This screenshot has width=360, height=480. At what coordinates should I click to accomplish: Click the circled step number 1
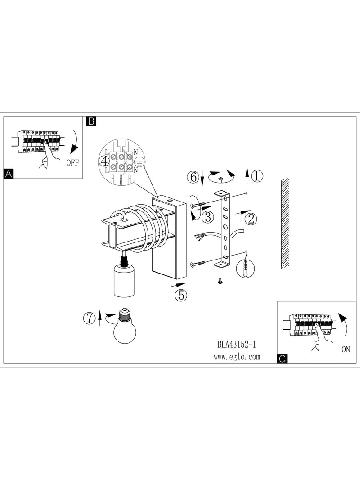point(257,176)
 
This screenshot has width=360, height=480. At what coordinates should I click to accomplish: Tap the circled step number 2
point(251,219)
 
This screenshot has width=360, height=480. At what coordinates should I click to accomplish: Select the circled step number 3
point(208,217)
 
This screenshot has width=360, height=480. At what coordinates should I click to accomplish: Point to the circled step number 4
point(104,161)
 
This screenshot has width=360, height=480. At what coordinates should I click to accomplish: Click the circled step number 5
point(181,295)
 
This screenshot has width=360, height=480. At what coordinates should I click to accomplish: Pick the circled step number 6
point(193,177)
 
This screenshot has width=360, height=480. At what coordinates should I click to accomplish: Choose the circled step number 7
point(90,319)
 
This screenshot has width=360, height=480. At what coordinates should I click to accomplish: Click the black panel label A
point(9,174)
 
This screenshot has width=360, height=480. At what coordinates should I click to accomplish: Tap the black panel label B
point(91,121)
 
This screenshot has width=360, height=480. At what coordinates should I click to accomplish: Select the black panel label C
point(282,359)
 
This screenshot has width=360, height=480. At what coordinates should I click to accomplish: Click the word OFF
point(72,162)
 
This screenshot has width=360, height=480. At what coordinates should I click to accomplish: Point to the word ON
point(346,349)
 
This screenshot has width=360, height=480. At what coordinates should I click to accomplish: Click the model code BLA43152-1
point(237,345)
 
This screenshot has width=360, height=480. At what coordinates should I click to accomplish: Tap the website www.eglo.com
point(237,357)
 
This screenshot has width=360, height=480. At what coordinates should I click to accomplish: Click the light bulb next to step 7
point(125,325)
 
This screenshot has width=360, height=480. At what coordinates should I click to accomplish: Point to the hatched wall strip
point(285,224)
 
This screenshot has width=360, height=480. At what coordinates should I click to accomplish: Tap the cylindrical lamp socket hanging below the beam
point(124,281)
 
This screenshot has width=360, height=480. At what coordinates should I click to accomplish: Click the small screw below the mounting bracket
point(220,280)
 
